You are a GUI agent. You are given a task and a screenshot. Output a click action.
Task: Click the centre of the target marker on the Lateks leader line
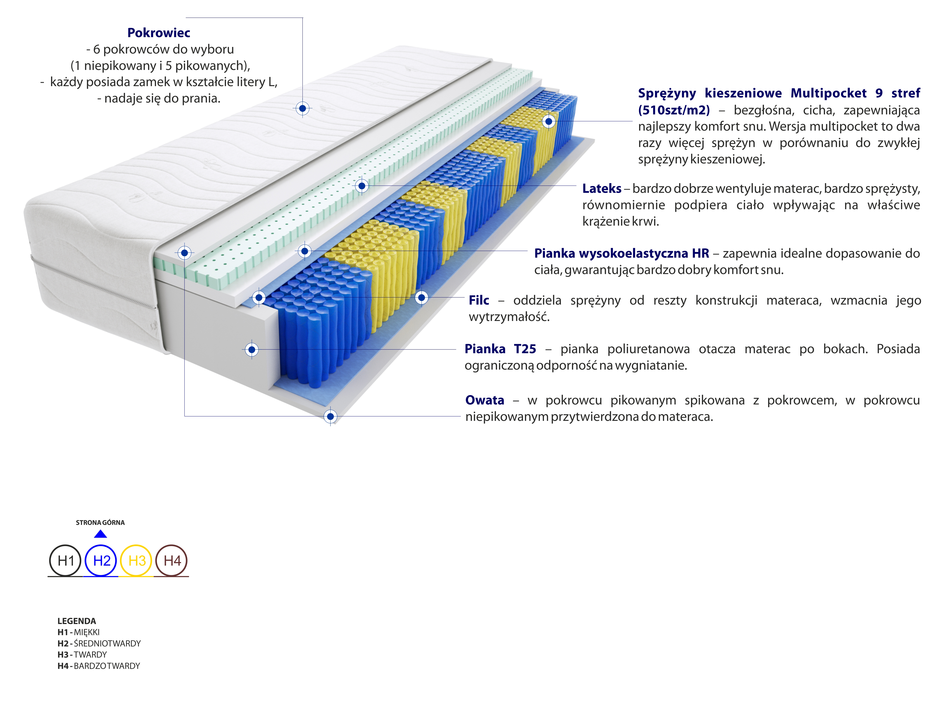point(362,185)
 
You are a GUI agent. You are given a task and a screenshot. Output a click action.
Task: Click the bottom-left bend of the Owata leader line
point(184,416)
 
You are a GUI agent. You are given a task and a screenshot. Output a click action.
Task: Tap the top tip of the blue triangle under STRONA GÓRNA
point(100,530)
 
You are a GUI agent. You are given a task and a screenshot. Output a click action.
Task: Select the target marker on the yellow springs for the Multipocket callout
point(549,121)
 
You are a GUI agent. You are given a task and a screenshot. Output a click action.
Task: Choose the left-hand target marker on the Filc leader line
point(258,297)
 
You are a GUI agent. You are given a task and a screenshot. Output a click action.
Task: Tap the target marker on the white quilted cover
point(302,108)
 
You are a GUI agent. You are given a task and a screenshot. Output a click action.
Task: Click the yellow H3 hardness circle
point(137,561)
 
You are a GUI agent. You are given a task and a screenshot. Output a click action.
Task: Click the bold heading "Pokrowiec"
point(159,33)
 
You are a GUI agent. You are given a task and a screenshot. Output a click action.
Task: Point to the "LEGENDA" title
point(76,621)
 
